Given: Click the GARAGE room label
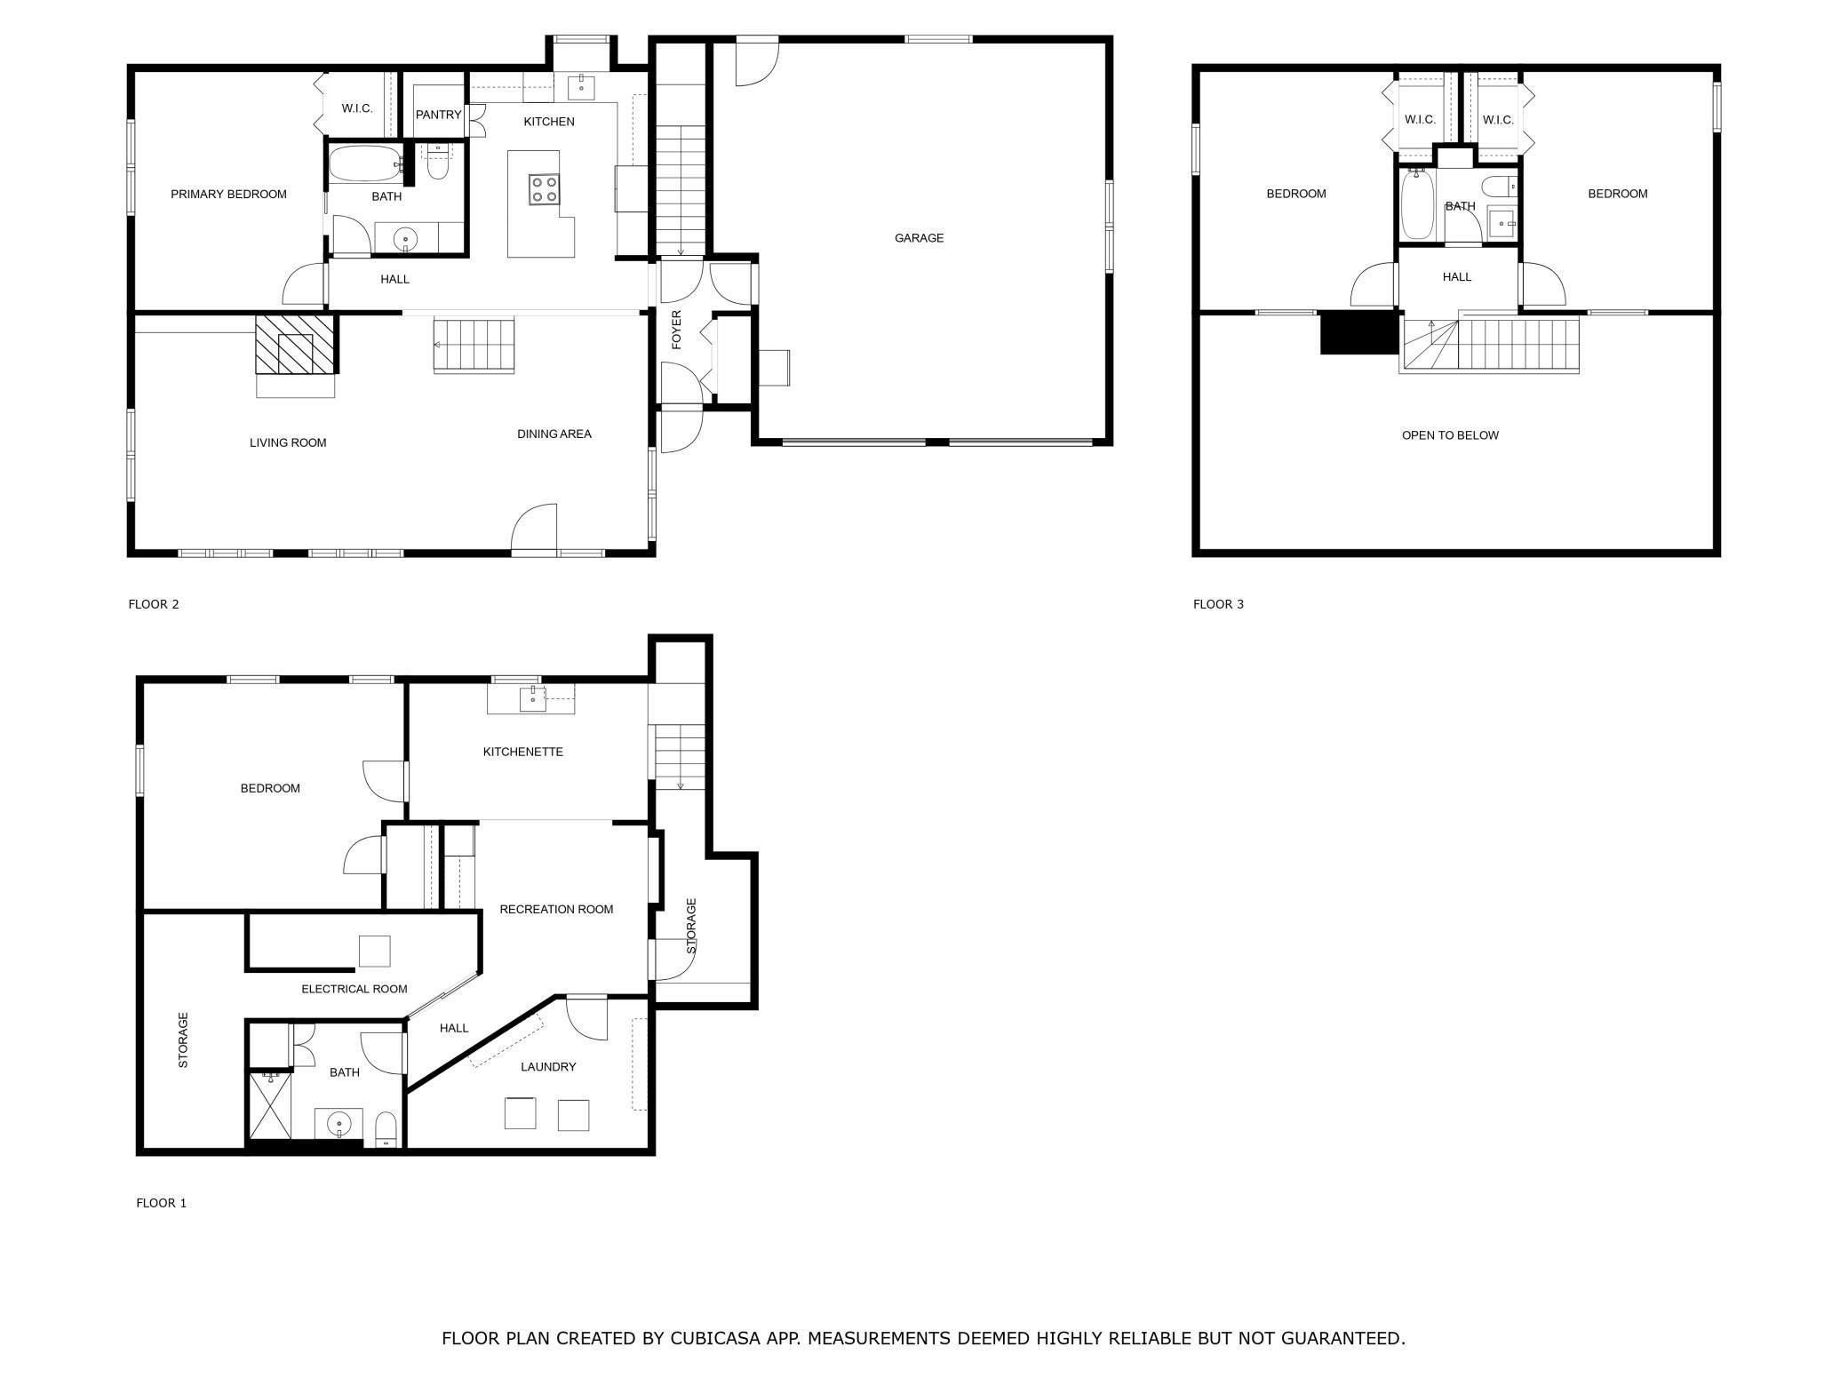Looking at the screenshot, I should pos(919,238).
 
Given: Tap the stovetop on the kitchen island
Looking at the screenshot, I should pos(544,189).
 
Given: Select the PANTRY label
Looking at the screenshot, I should pos(438,115).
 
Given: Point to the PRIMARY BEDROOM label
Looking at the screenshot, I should pos(228,195).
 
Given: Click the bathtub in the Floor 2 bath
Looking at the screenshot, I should pos(365,164).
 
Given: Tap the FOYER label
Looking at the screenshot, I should pos(676,330).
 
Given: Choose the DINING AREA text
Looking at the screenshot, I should pos(554,434).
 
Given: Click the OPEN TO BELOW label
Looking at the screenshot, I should pos(1450,435).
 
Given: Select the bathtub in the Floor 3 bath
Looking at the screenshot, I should pos(1417,205).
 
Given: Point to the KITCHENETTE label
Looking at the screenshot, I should pos(522,752).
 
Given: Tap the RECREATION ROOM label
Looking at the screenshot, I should pos(556,909).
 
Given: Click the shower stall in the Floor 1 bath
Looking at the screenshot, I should pos(270,1105).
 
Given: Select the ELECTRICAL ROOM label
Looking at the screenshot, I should pos(354,989).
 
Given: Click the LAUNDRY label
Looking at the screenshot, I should pos(548,1067).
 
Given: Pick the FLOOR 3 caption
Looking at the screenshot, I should pos(1218,604).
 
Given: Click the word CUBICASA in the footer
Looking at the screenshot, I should pos(714,1338).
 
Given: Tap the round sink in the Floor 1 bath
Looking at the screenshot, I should pos(339,1125).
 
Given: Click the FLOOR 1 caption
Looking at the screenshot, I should pos(161,1203).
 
